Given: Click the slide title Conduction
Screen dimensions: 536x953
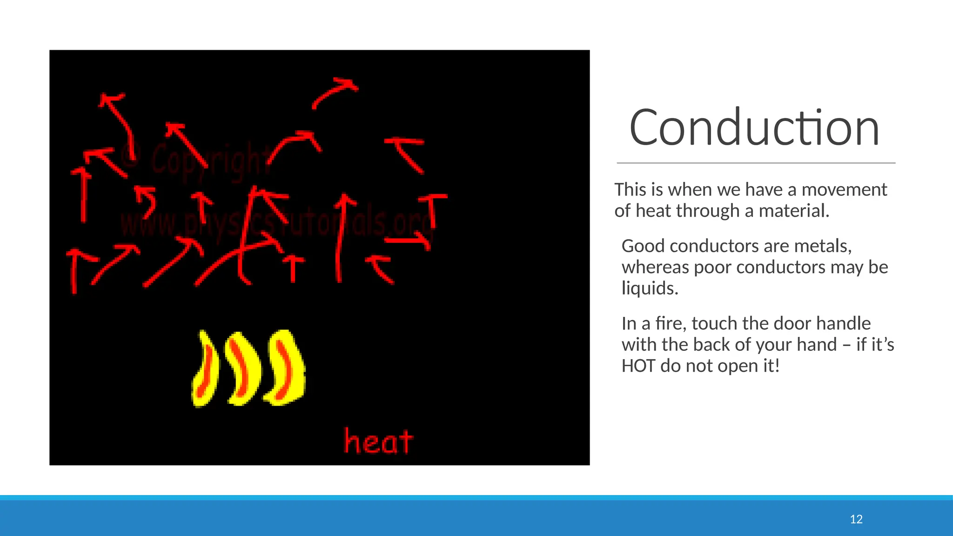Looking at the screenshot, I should click(754, 127).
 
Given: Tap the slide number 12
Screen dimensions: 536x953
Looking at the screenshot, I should click(856, 519).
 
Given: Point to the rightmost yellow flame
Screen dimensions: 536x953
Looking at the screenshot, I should click(285, 367).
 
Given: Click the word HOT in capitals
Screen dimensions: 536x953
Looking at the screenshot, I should click(638, 366).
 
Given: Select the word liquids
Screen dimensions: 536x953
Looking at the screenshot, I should click(650, 288).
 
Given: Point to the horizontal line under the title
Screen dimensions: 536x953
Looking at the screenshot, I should click(756, 163).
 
